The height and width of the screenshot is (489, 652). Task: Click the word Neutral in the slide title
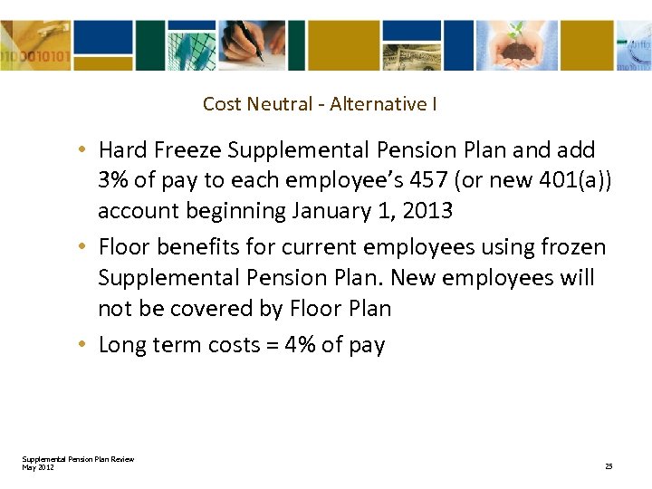click(276, 104)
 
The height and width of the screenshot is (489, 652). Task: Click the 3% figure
click(113, 180)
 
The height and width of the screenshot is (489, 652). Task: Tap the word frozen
click(572, 246)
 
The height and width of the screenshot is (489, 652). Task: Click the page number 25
click(609, 466)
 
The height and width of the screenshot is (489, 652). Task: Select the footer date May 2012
click(38, 467)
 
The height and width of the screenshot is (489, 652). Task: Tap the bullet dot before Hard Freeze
click(82, 150)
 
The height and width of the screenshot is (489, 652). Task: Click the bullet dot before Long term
click(82, 346)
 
